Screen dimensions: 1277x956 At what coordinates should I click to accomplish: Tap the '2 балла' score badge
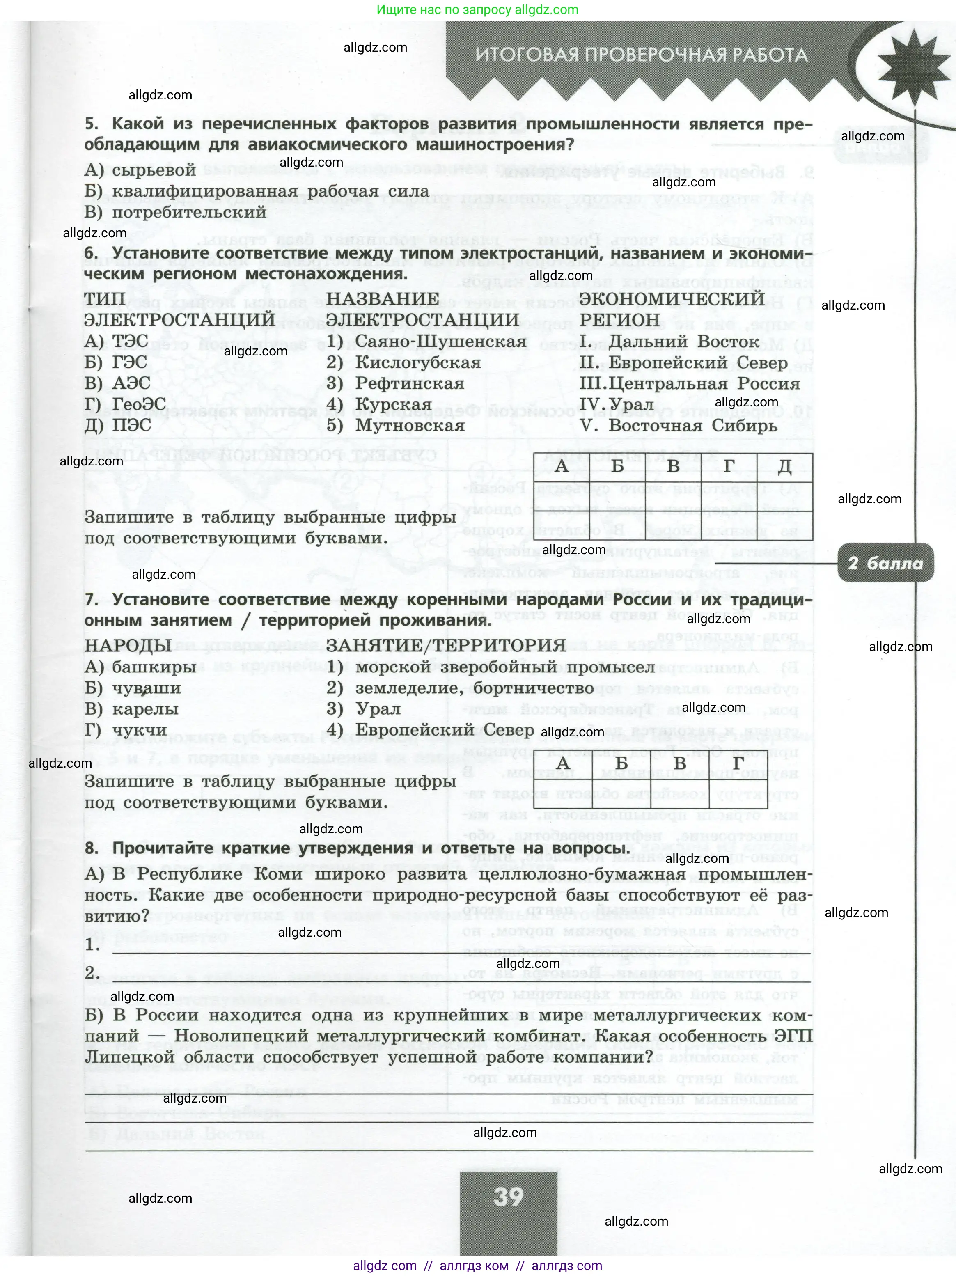tap(885, 563)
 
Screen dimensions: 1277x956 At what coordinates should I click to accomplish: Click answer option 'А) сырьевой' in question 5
tap(140, 170)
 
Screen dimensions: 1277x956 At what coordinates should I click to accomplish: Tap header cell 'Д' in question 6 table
tap(784, 466)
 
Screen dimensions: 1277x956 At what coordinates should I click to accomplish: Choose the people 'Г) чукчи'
tap(126, 730)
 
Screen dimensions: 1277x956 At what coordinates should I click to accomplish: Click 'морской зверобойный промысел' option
tap(505, 667)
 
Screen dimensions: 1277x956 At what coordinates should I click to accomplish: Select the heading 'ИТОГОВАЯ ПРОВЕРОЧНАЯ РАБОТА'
tap(641, 55)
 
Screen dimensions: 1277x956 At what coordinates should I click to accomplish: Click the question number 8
tap(91, 848)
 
